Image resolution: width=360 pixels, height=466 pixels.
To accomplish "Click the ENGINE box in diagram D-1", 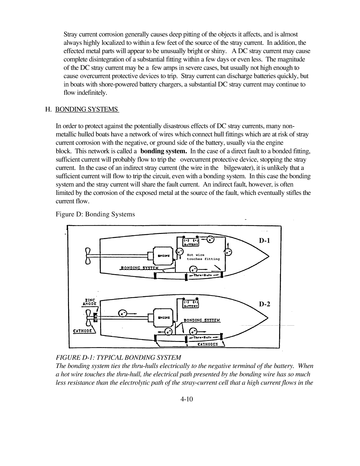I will (163, 255).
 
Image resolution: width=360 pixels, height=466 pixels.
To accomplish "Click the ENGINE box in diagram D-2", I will (163, 317).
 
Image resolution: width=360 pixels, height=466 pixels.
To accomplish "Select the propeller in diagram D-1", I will (88, 256).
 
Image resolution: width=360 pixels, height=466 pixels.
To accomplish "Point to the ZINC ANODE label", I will (89, 302).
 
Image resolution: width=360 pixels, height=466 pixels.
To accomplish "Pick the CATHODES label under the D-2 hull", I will (208, 344).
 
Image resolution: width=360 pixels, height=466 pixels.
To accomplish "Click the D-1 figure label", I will (264, 241).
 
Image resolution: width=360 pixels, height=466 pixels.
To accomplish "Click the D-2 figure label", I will (264, 304).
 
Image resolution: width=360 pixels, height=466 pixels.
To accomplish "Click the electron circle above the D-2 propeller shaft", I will (122, 313).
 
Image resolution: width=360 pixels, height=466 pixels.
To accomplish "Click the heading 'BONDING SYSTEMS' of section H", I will (87, 109).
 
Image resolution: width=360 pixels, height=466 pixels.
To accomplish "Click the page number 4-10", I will (186, 399).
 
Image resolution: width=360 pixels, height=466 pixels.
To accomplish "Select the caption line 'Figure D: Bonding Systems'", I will (95, 214).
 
